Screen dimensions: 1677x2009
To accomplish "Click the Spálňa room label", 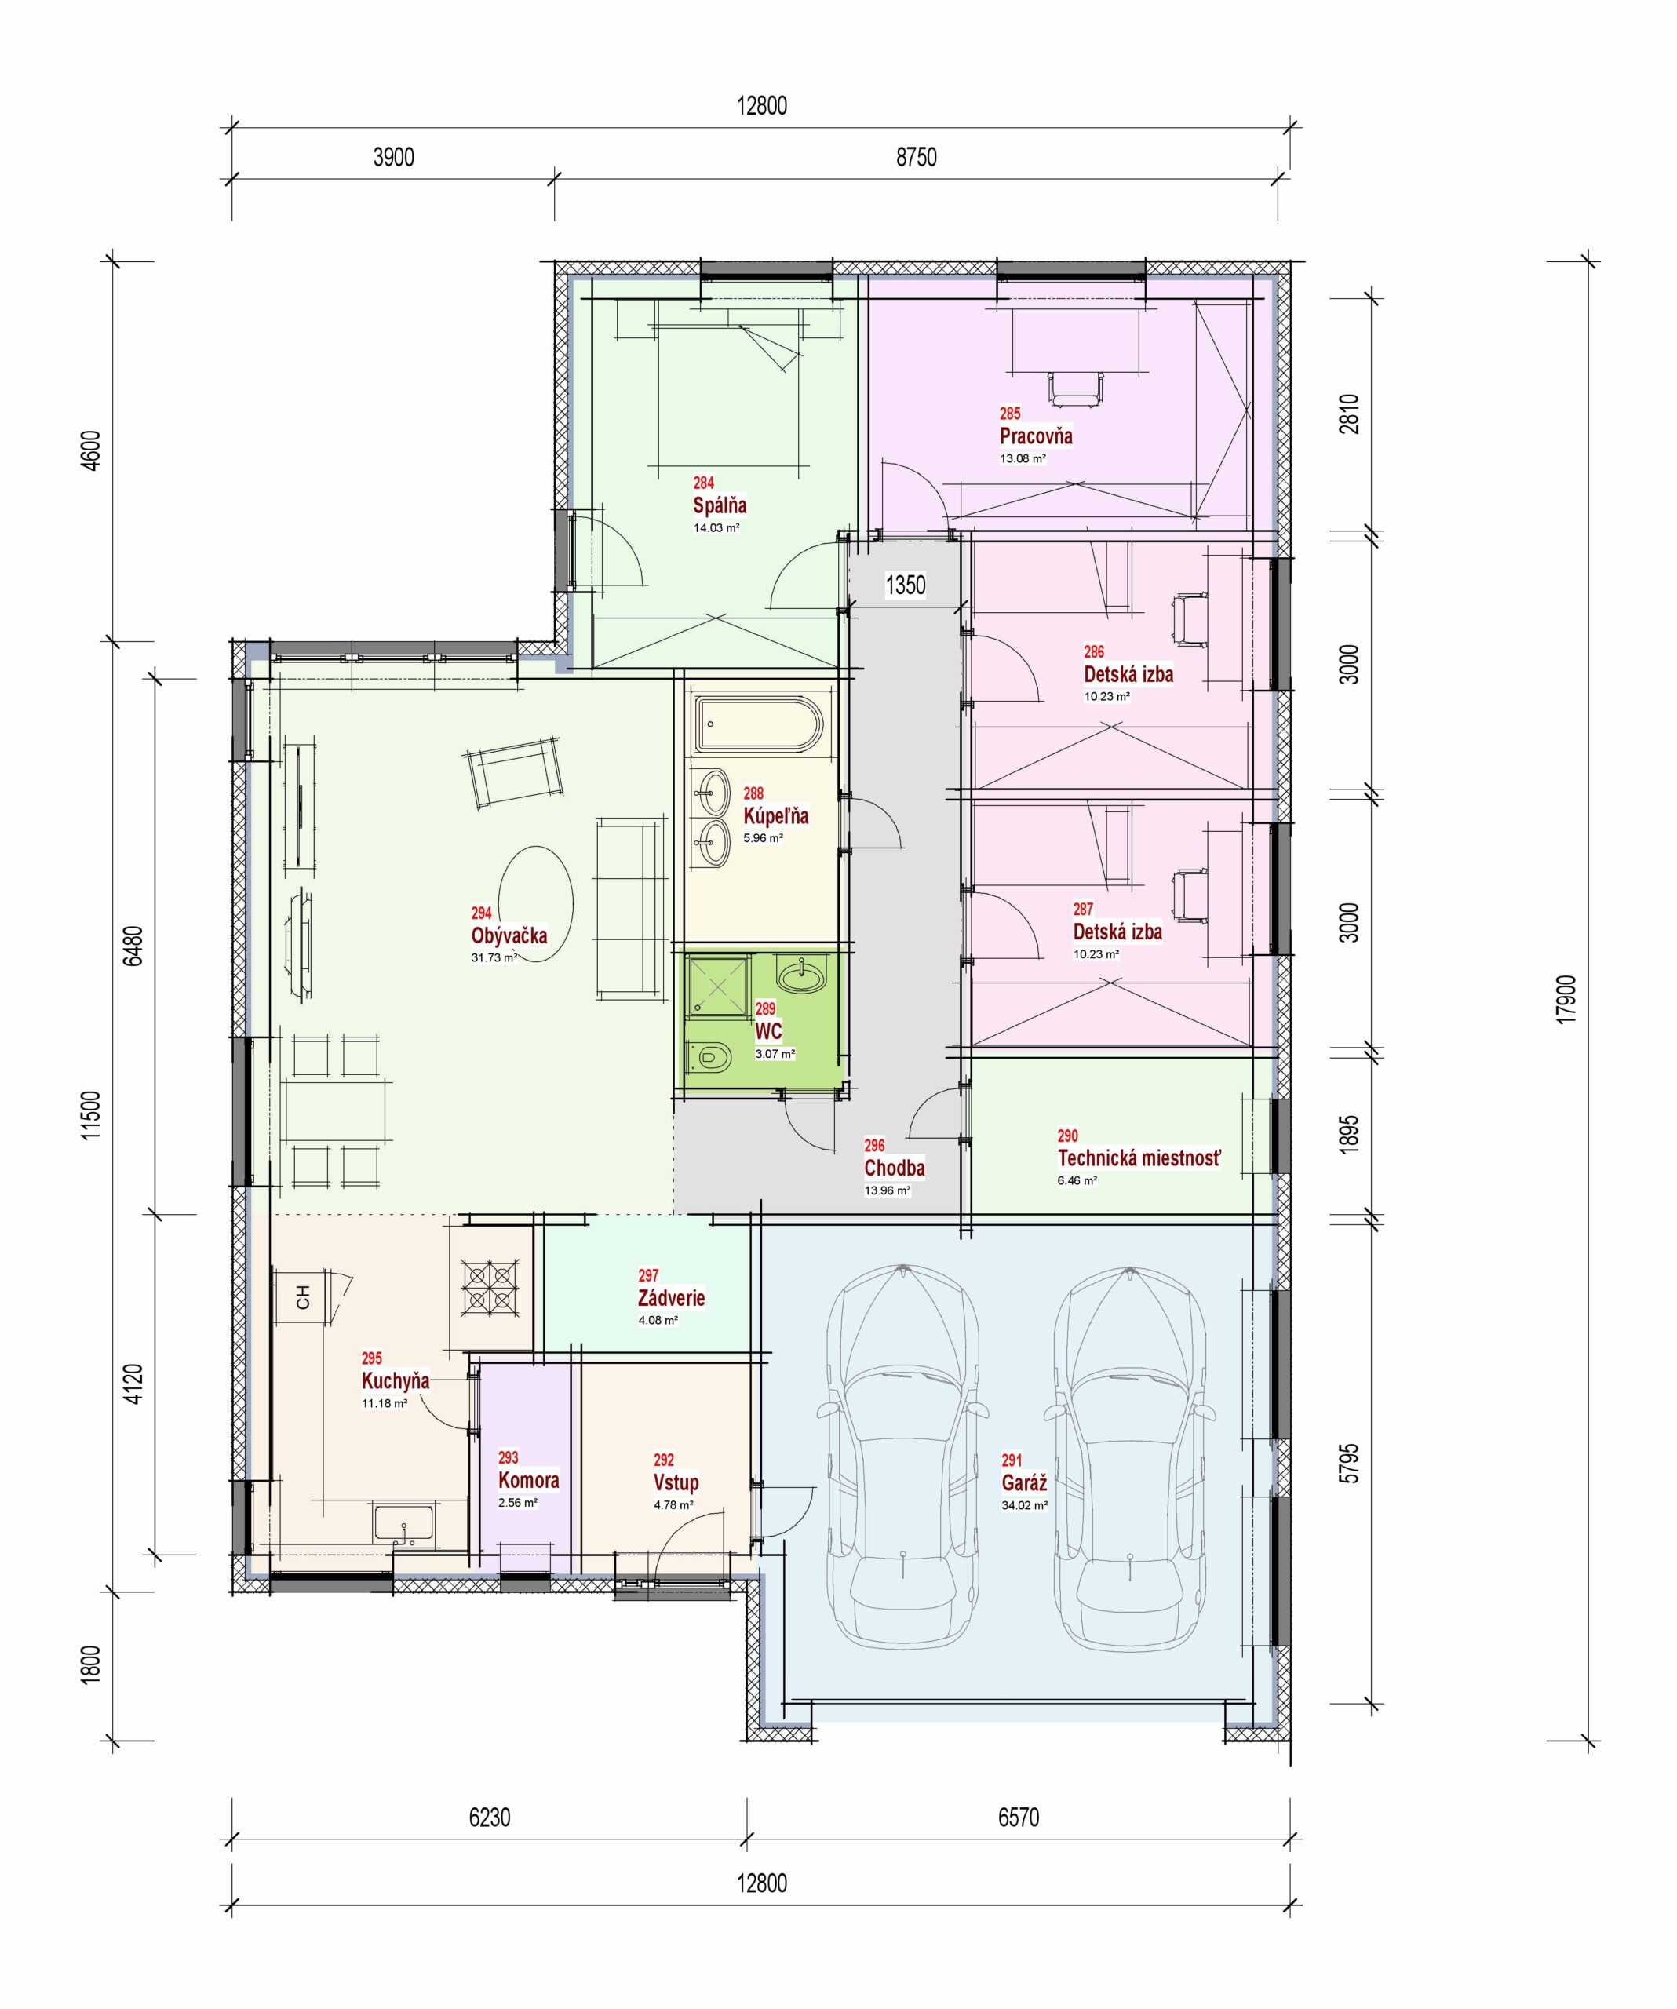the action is tap(720, 505).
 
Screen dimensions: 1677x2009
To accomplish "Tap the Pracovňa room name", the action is tap(1036, 436).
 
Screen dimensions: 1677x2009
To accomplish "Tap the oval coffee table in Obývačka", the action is tap(537, 904).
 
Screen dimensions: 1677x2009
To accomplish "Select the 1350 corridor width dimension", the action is tap(905, 585).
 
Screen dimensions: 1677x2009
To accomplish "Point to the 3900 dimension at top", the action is tap(393, 157).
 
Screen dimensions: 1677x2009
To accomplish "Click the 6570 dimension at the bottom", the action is tap(1018, 1817).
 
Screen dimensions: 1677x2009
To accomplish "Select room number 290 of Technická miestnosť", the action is tap(1067, 1136).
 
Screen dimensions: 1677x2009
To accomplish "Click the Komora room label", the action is tap(528, 1480).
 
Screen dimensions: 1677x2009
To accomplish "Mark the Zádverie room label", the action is tap(671, 1298).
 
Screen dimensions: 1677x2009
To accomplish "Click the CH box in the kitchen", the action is tap(303, 1297).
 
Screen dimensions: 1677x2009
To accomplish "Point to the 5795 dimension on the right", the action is tap(1349, 1464).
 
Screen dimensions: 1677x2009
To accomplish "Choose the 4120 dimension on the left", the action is tap(134, 1384).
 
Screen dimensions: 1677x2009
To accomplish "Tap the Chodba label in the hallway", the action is tap(895, 1167).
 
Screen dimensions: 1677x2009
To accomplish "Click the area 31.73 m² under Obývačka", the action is tap(494, 957).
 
